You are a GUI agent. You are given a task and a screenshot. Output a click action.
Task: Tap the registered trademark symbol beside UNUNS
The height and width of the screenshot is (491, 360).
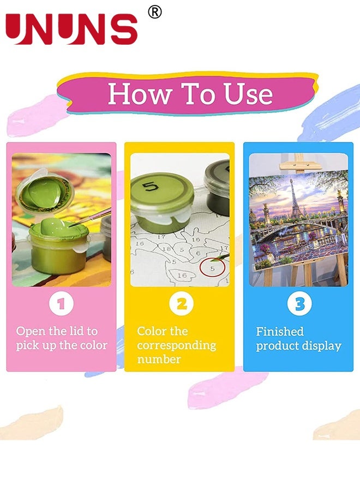155,12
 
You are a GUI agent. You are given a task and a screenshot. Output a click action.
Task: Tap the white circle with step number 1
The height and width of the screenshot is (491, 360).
61,304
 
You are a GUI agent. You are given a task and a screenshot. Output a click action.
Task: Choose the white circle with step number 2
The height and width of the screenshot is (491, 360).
181,304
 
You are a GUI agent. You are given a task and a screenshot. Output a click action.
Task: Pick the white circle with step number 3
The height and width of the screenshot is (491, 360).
299,304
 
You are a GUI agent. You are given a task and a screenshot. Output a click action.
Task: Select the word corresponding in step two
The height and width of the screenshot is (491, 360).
176,345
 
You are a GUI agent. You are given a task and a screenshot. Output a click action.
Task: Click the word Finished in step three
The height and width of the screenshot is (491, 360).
280,332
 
